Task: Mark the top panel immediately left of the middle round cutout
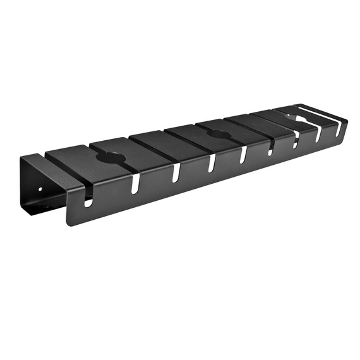[x=189, y=138]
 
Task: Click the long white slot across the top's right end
[x=319, y=116]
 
